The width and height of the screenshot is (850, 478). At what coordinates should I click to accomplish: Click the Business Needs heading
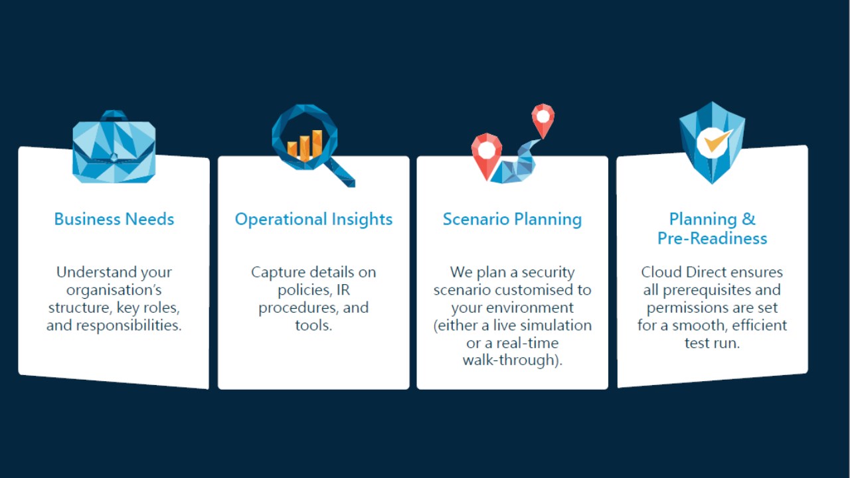pos(114,219)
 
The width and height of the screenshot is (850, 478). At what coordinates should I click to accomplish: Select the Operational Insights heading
pos(313,220)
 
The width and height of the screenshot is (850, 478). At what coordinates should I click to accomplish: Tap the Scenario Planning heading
pos(512,220)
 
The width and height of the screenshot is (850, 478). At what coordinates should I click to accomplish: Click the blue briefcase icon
pos(114,148)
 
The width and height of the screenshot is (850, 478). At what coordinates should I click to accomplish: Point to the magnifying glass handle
pos(340,173)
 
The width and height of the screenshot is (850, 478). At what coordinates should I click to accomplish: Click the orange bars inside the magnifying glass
pos(305,145)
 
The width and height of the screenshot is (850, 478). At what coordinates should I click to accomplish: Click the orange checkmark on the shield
pos(717,141)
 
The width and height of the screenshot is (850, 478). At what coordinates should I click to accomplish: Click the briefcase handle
pos(114,116)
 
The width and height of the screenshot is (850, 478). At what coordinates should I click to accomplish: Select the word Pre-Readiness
pos(713,238)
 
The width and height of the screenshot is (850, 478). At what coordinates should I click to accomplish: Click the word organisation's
pos(114,291)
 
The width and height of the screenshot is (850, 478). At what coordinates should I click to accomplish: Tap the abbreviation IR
pos(343,290)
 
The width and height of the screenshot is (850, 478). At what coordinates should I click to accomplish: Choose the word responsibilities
pos(129,325)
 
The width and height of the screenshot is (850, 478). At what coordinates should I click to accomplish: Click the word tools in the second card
pos(311,325)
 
